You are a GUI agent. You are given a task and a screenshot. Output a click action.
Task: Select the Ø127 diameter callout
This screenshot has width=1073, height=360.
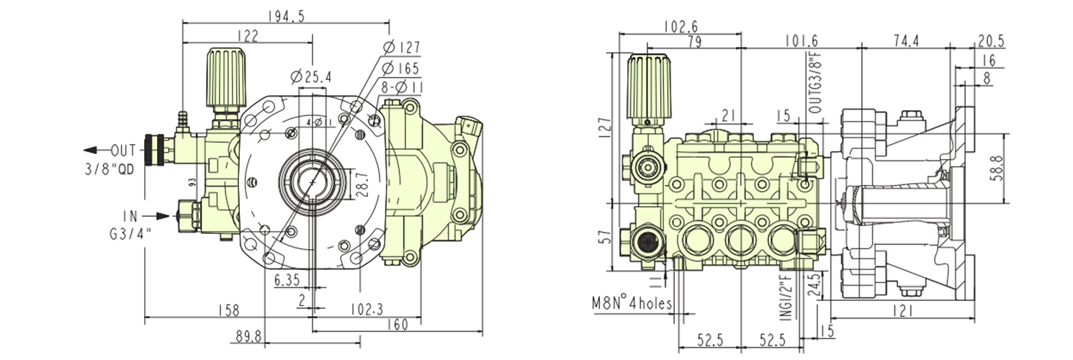pyautogui.click(x=402, y=48)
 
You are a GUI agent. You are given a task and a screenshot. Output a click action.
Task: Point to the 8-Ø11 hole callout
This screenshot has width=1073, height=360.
pyautogui.click(x=403, y=87)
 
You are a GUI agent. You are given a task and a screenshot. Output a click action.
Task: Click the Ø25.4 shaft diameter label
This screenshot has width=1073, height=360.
pyautogui.click(x=311, y=76)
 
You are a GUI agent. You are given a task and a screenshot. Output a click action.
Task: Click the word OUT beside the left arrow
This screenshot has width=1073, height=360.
pyautogui.click(x=123, y=150)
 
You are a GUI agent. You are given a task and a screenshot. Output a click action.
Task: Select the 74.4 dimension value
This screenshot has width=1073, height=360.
pyautogui.click(x=906, y=41)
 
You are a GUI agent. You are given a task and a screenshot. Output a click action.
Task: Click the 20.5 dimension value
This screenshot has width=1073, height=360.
pyautogui.click(x=991, y=41)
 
